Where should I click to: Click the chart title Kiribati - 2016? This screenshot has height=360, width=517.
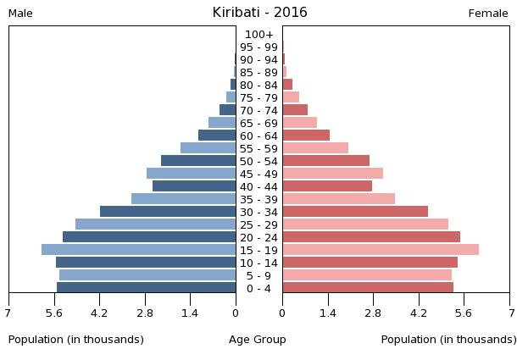pos(259,13)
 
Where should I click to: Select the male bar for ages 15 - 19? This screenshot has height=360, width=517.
pos(139,250)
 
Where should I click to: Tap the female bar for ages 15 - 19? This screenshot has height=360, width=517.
pos(381,250)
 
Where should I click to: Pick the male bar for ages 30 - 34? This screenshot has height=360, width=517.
pos(168,212)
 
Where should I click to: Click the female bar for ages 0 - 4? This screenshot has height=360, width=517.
pos(368,288)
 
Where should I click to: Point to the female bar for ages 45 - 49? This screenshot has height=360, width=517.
pos(332,174)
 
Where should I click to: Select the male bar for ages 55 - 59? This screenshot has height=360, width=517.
pos(208,148)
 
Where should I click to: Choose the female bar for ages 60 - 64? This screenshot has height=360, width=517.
pos(306,136)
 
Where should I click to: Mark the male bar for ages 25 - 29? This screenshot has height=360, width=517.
pos(156,224)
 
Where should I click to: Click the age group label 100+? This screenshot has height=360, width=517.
pos(258,34)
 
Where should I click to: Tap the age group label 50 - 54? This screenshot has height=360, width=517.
pos(258,161)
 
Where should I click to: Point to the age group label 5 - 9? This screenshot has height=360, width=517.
pos(258,275)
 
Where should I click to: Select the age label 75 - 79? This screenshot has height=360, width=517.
pos(258,97)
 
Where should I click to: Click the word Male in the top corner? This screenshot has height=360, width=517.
pos(20,14)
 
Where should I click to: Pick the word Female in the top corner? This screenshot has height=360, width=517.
pos(488,14)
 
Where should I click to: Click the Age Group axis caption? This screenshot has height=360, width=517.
pos(258,340)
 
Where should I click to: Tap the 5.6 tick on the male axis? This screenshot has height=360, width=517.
pos(53,313)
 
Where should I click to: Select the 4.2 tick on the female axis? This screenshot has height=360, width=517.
pos(419,313)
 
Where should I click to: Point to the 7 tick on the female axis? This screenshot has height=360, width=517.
pos(509,313)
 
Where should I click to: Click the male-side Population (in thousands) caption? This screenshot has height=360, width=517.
pos(76,340)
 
